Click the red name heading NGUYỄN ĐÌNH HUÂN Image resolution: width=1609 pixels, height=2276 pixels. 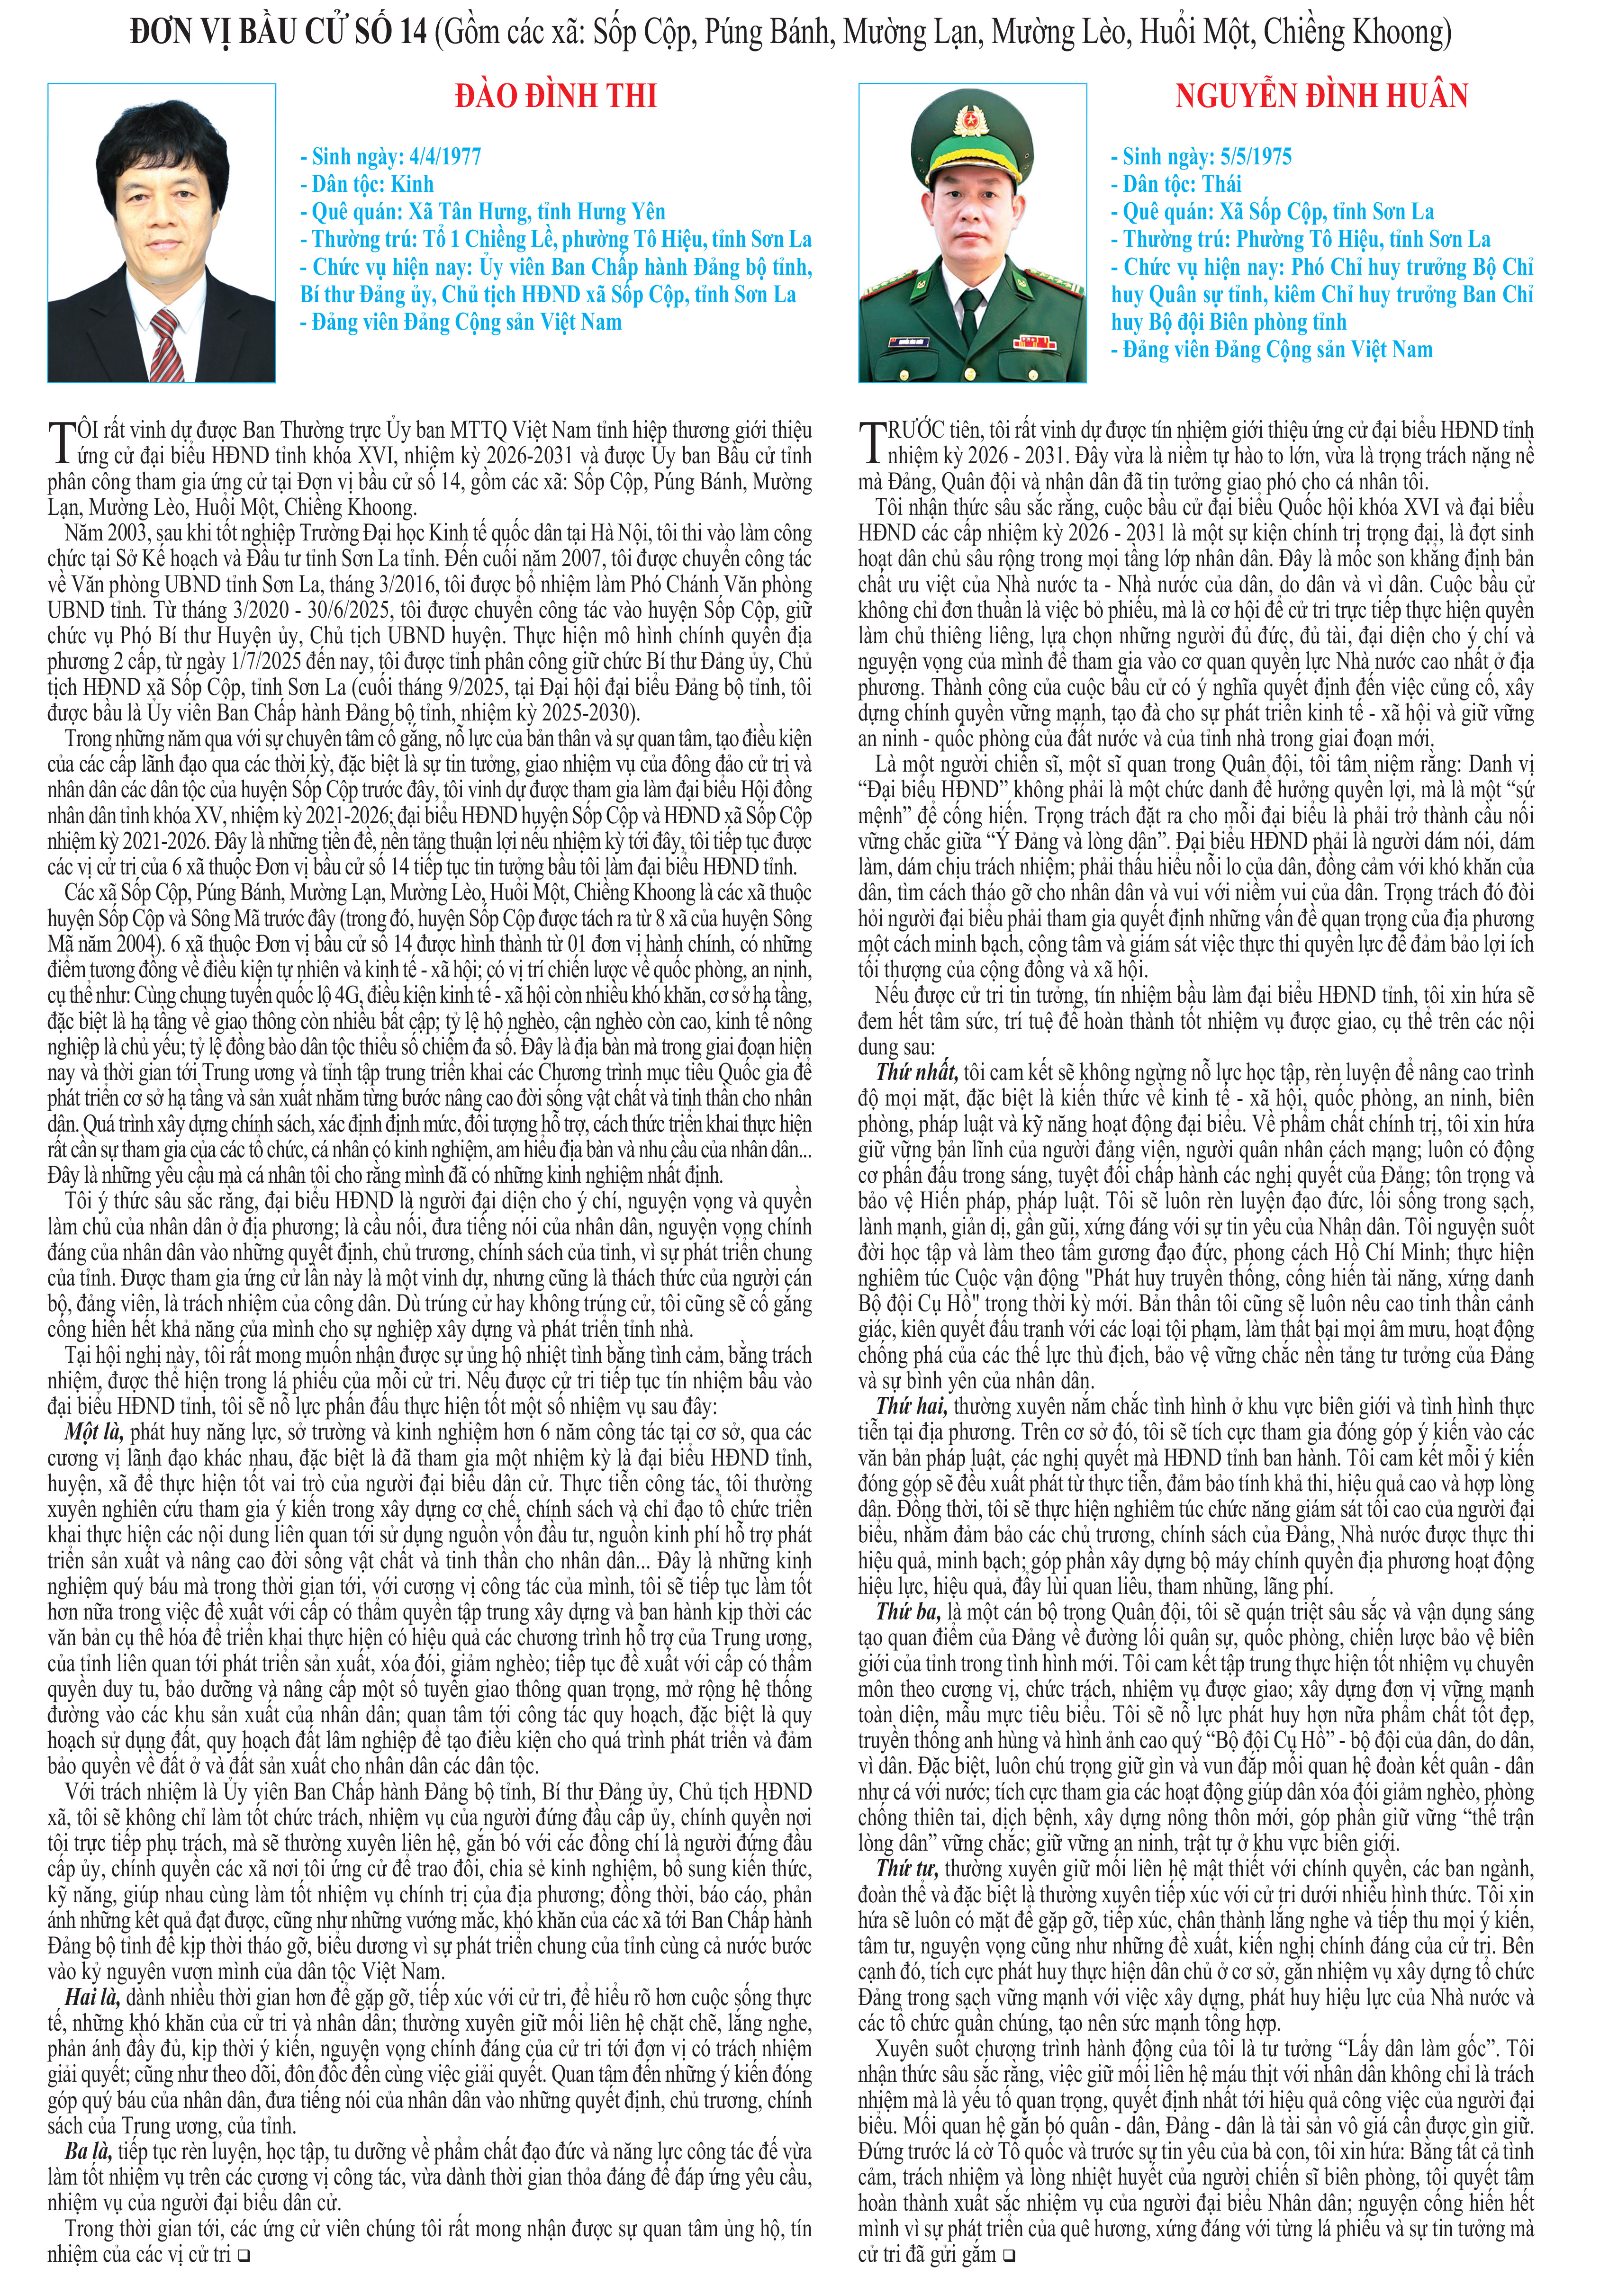(1321, 96)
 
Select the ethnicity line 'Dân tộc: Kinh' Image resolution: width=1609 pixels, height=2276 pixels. (367, 184)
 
